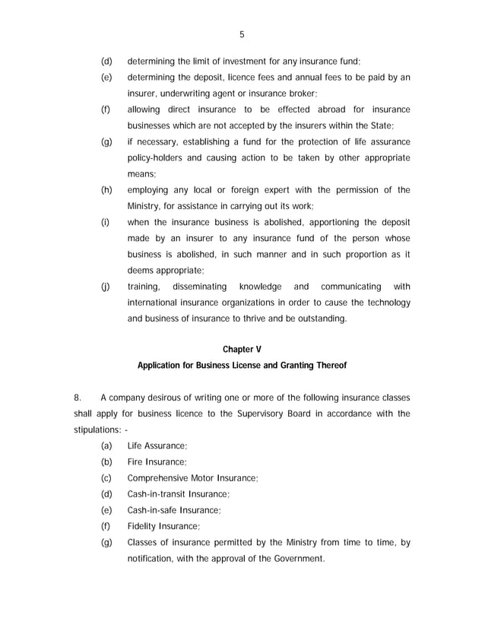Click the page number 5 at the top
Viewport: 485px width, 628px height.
pyautogui.click(x=242, y=33)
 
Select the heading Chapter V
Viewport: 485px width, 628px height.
pyautogui.click(x=242, y=349)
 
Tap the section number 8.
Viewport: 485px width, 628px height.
pyautogui.click(x=77, y=397)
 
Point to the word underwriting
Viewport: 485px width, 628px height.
pyautogui.click(x=183, y=94)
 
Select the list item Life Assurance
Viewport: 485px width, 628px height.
pyautogui.click(x=157, y=446)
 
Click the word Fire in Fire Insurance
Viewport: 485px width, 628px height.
pyautogui.click(x=135, y=461)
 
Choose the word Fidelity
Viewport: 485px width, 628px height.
pyautogui.click(x=142, y=525)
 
